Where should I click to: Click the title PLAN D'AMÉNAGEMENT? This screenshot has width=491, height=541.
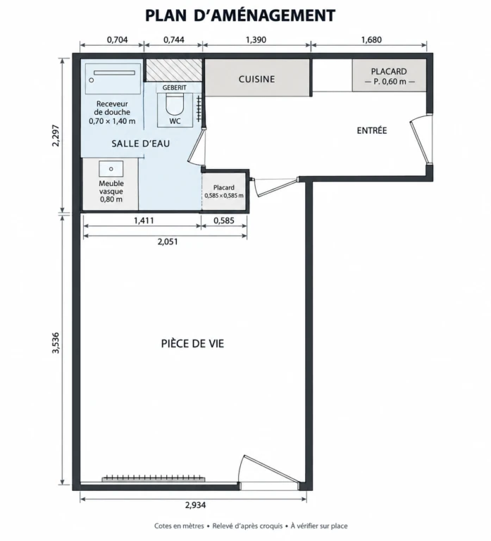tap(240, 15)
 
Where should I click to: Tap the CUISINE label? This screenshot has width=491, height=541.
tap(256, 79)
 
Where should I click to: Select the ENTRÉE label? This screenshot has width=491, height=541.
tap(372, 130)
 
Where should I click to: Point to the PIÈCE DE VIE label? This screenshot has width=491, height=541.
tap(192, 343)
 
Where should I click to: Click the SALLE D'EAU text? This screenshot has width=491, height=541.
tap(141, 144)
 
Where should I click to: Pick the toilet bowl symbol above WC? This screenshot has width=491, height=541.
tap(174, 104)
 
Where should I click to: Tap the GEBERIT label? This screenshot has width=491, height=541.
tap(174, 87)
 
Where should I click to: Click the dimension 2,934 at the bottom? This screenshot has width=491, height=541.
tap(195, 505)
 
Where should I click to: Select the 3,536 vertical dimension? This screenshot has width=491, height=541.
tap(56, 342)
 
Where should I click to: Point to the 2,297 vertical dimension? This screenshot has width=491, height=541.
tap(56, 135)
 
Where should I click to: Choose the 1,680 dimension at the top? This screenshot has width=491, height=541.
tap(371, 39)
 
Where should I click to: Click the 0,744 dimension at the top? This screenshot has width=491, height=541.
tap(174, 39)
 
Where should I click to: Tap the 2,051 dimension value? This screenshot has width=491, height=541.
tap(168, 242)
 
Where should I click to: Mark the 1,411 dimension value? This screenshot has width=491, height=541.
tap(144, 220)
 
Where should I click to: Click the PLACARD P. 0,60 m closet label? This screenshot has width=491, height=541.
tap(390, 77)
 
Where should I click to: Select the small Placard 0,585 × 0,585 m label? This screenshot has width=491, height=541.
tap(224, 192)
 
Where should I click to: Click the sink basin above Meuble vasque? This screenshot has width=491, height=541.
tap(111, 169)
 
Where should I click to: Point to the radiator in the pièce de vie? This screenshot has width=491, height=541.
tap(153, 478)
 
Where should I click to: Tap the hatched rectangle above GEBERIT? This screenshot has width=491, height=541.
tap(173, 70)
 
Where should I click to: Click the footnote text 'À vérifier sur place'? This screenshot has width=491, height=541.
tap(319, 526)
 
